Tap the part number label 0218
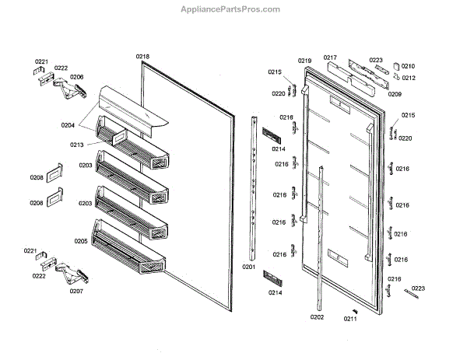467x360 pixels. coord(142,57)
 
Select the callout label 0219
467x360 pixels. coord(304,61)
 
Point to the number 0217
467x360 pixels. coord(330,58)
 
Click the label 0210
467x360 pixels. coord(408,66)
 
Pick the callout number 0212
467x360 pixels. coord(408,78)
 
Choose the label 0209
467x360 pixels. coord(395,94)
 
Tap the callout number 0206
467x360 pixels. coord(76,76)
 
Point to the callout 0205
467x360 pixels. coord(81,241)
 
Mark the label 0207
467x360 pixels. coord(75,291)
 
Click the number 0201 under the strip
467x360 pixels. coord(249,266)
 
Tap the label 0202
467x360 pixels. coord(316,316)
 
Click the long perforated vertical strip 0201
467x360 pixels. coord(254,187)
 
